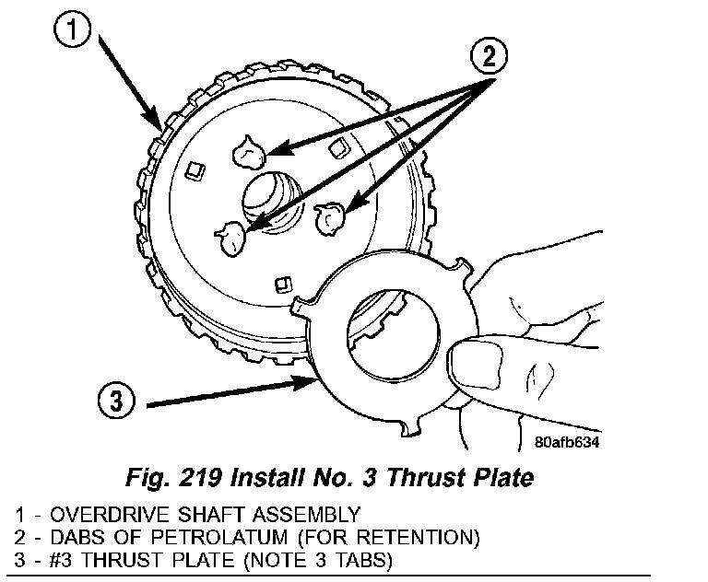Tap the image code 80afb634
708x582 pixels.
click(566, 441)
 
